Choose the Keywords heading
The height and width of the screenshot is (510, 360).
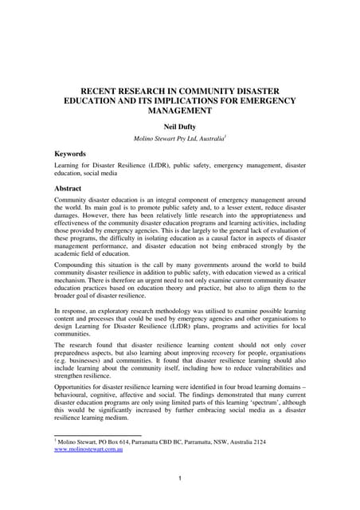tap(70, 153)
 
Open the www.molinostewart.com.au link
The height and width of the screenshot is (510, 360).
tap(88, 449)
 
